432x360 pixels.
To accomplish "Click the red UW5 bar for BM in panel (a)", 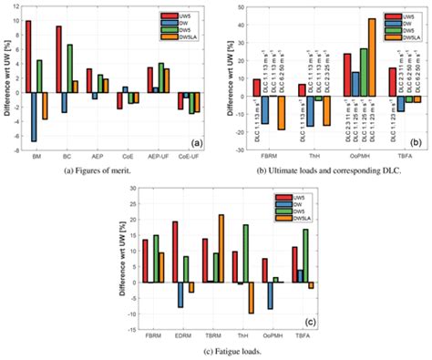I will (x=28, y=56).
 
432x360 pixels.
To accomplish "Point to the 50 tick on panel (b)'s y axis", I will (x=233, y=7).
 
